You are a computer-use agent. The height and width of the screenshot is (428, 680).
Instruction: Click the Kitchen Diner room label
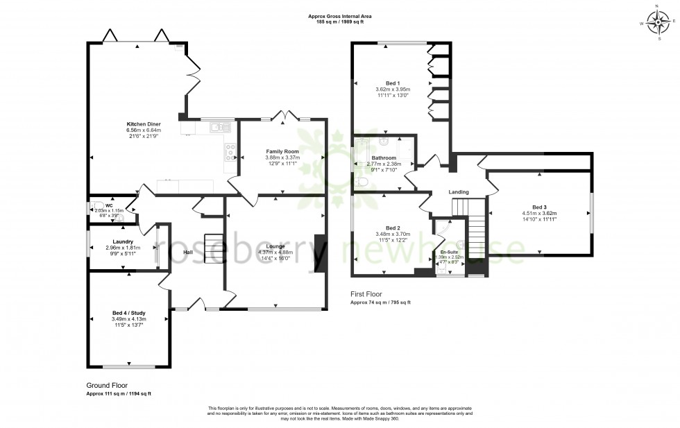point(144,124)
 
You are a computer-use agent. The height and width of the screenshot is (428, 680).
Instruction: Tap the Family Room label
point(282,151)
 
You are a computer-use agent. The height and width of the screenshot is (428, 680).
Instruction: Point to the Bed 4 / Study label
point(129,313)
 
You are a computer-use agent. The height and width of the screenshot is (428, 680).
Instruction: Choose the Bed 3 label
point(539,207)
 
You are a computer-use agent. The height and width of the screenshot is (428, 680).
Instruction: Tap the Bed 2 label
point(393,228)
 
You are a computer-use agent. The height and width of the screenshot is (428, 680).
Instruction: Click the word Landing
point(459,192)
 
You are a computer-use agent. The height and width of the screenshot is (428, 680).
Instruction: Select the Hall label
point(188,252)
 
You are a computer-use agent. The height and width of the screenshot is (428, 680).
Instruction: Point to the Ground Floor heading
point(107,386)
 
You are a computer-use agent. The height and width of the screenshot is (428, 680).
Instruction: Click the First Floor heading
point(366,294)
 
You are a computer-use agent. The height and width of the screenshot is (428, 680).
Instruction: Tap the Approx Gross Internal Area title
point(340,16)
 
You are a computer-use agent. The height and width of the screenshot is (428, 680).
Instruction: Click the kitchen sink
point(219,126)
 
